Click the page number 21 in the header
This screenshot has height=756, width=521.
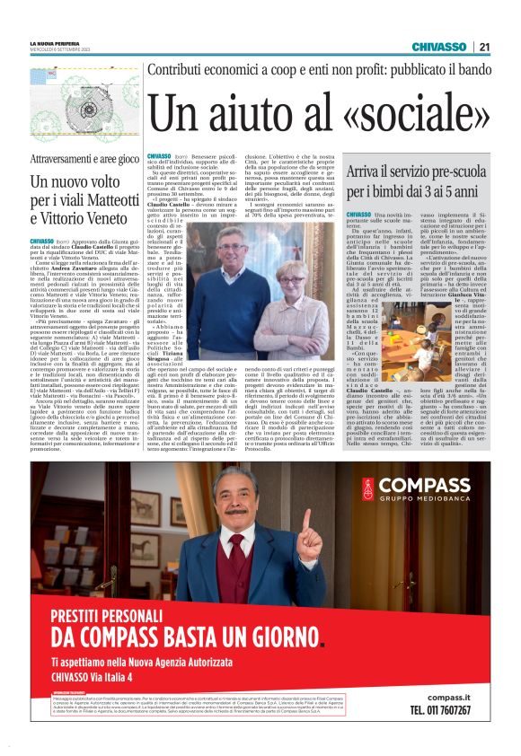[484, 47]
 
